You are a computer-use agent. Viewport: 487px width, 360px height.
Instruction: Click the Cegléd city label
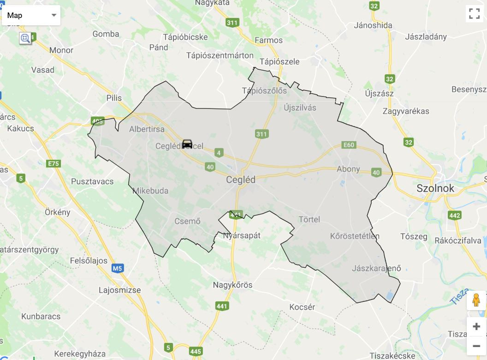tap(241, 180)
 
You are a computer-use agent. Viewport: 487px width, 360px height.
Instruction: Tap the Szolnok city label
tap(435, 188)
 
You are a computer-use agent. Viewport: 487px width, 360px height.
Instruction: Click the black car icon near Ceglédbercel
tap(187, 144)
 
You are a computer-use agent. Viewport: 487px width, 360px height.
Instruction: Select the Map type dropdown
tap(31, 15)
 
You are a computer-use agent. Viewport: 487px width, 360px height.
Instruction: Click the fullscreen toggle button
tap(474, 13)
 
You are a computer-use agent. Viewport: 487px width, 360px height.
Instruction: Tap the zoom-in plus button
tap(476, 327)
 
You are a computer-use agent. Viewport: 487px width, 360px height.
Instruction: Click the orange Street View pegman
tap(476, 300)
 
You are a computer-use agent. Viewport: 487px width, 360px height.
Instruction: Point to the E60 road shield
tap(349, 145)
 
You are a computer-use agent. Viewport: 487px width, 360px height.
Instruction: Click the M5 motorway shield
tap(118, 268)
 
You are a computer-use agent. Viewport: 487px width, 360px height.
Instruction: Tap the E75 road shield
tap(53, 163)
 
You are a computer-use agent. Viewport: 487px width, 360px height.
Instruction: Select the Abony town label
tap(348, 169)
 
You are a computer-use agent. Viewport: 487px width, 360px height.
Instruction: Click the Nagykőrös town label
tap(232, 285)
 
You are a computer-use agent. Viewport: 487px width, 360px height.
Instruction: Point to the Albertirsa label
tap(147, 129)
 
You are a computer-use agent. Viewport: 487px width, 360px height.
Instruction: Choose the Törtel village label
tap(309, 219)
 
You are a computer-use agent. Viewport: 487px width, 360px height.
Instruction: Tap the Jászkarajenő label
tap(376, 268)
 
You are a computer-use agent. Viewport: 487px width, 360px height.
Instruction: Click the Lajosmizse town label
tap(120, 290)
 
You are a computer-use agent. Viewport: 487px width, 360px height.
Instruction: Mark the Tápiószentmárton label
tap(220, 55)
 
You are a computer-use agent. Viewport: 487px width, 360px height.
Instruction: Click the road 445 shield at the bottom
tap(196, 352)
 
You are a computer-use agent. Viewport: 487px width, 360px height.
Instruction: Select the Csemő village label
tap(187, 221)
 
